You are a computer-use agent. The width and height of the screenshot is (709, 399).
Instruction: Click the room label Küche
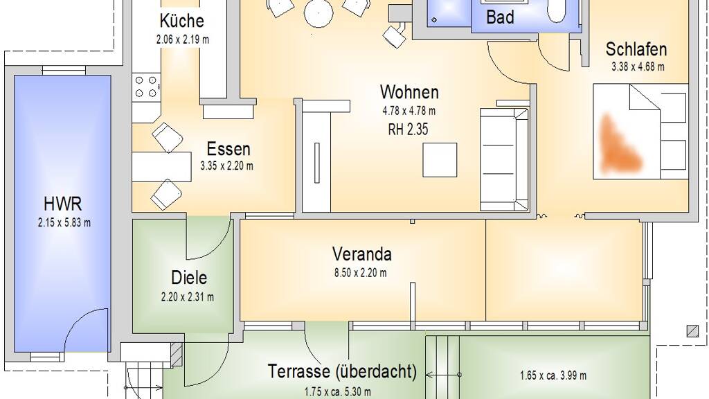(182, 21)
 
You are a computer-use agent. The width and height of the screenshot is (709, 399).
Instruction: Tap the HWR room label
(63, 204)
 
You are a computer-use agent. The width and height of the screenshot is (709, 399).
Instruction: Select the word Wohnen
(409, 92)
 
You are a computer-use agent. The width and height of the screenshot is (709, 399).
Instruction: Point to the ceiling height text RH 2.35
(408, 130)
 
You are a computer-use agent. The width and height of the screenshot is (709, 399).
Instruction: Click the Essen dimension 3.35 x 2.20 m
(227, 166)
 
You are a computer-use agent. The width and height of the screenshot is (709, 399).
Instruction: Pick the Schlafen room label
(636, 49)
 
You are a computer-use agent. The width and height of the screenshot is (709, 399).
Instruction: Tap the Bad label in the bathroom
(500, 17)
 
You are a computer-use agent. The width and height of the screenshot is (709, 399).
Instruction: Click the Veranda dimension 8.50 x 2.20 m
(361, 273)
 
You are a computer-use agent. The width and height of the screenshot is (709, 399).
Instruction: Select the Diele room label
(189, 278)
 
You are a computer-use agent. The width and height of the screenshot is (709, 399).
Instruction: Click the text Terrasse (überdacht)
(342, 371)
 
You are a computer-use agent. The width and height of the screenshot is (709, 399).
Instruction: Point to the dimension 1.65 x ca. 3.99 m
(553, 375)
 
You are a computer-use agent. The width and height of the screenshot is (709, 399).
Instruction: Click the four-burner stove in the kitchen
(147, 87)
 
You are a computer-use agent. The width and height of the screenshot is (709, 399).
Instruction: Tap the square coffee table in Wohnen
(440, 160)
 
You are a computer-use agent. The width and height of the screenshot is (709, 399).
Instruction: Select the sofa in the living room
(504, 160)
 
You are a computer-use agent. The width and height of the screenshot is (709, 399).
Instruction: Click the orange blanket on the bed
(620, 145)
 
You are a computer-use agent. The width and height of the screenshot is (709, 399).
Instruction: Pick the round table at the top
(318, 12)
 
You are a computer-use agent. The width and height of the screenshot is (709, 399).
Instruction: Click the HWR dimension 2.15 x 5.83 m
(64, 222)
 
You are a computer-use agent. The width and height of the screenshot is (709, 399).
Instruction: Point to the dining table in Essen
(162, 166)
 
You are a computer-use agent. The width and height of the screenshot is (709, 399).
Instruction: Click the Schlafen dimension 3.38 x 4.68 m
(638, 67)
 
